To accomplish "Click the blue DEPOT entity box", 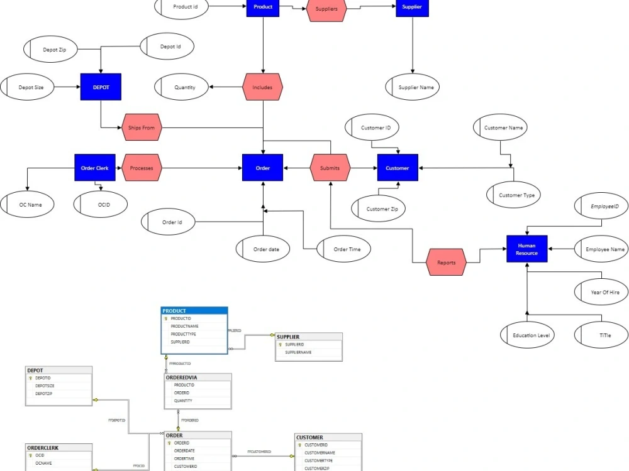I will pyautogui.click(x=101, y=87).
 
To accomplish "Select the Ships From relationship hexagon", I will pyautogui.click(x=142, y=127).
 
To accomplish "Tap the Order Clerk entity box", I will pyautogui.click(x=94, y=168).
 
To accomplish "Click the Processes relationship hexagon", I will pyautogui.click(x=142, y=168).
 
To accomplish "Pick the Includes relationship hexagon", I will pyautogui.click(x=262, y=87).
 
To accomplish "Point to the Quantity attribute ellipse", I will pyautogui.click(x=184, y=87).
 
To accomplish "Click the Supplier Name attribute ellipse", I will pyautogui.click(x=416, y=87).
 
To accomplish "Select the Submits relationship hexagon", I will pyautogui.click(x=330, y=168).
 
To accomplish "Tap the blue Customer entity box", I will pyautogui.click(x=397, y=168).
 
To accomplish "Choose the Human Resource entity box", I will pyautogui.click(x=527, y=249).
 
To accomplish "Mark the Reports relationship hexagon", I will pyautogui.click(x=446, y=262).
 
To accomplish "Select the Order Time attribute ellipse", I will pyautogui.click(x=343, y=249).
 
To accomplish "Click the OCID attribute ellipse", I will pyautogui.click(x=101, y=204).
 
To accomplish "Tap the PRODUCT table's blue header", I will pyautogui.click(x=194, y=311).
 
